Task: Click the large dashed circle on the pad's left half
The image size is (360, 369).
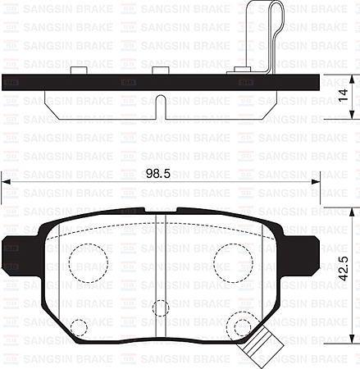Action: [x=89, y=262]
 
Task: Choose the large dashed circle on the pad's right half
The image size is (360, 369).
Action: [x=233, y=262]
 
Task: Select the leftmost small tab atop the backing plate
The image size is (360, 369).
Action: [x=80, y=71]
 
